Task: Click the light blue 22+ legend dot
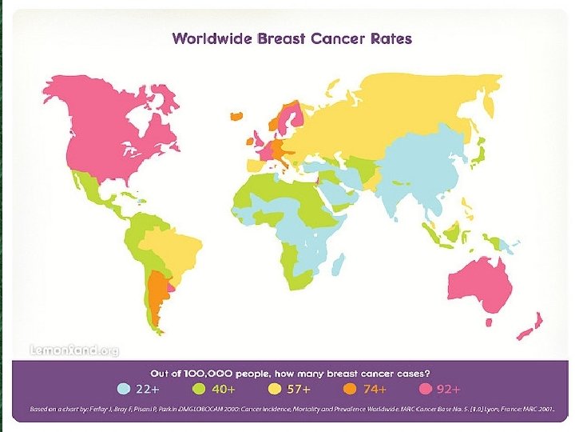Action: (123, 390)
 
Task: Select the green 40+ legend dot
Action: (200, 390)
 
